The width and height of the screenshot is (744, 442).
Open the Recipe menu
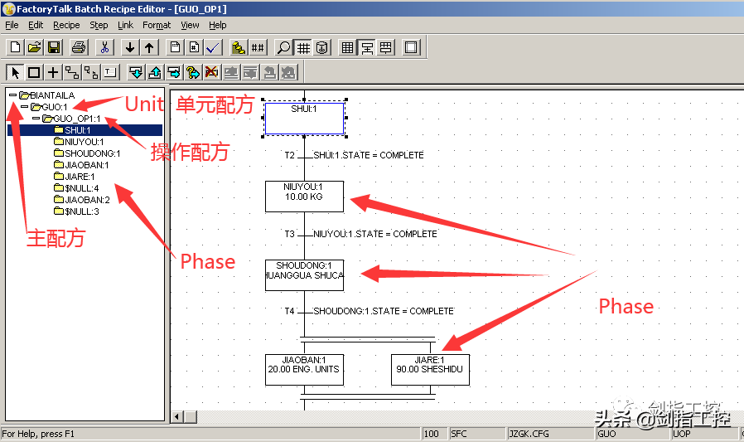(66, 26)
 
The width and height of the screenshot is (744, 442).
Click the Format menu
(157, 26)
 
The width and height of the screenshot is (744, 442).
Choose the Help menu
(218, 26)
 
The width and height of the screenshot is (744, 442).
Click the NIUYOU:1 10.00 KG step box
(304, 197)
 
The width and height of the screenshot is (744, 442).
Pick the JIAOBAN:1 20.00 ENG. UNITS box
(304, 369)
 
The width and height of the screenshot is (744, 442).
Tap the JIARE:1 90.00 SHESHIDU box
(430, 369)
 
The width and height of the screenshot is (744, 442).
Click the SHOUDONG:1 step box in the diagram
(304, 274)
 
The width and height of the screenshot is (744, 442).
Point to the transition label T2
(289, 155)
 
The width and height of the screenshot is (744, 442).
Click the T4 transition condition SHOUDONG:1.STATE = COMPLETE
(383, 311)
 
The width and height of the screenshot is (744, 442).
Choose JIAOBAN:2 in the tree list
(87, 200)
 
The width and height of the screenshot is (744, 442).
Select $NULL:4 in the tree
(81, 188)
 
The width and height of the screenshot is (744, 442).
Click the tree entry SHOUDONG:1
(92, 153)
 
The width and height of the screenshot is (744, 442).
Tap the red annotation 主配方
(56, 240)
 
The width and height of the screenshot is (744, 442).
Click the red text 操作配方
(189, 153)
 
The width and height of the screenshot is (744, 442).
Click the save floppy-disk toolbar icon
(54, 47)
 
